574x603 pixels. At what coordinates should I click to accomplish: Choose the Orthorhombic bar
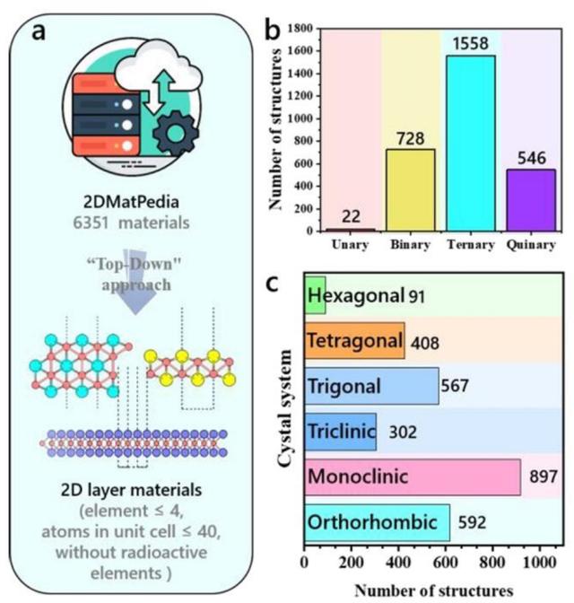tap(377, 522)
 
